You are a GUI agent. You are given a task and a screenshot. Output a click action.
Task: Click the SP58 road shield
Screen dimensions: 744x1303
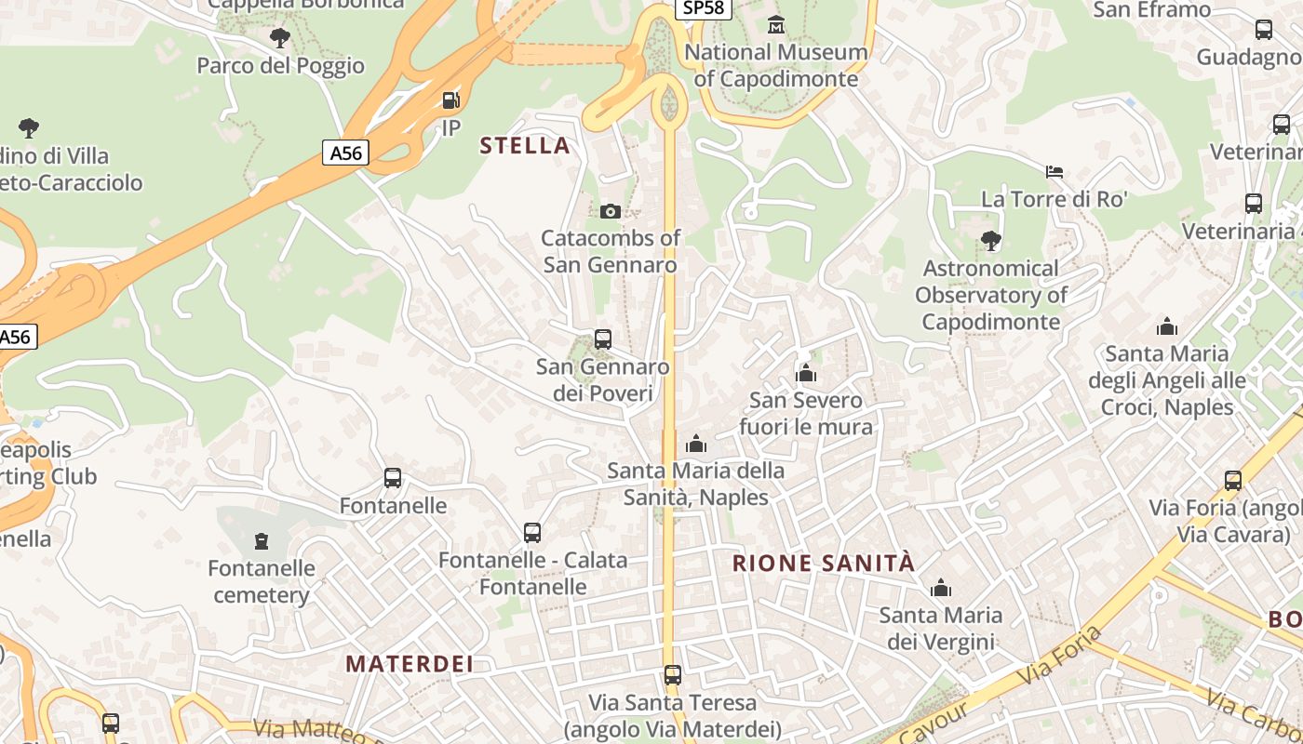[702, 7]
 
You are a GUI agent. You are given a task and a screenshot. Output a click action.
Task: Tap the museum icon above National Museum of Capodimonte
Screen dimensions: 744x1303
[776, 25]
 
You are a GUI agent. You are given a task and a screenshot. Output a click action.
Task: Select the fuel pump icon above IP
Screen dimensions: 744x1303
[450, 100]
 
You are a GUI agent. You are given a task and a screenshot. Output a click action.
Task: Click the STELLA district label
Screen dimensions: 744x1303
[524, 145]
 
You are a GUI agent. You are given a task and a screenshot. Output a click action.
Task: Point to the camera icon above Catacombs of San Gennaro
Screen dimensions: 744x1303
[611, 211]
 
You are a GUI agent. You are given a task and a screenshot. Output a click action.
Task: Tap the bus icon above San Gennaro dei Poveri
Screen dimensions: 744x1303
[603, 339]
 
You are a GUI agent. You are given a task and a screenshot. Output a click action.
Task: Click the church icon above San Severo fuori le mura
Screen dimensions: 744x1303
[806, 374]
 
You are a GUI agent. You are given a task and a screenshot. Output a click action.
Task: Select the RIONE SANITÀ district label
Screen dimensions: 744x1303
[824, 563]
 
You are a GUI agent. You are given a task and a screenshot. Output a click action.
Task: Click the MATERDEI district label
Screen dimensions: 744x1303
[410, 663]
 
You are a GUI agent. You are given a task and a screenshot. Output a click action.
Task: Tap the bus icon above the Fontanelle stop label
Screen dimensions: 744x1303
[393, 478]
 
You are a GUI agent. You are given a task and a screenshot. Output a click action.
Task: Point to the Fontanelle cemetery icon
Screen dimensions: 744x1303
[262, 540]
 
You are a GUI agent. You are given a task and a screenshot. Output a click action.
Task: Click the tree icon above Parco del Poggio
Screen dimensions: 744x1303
[279, 38]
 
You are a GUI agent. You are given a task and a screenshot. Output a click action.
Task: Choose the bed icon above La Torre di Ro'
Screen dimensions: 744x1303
[1054, 172]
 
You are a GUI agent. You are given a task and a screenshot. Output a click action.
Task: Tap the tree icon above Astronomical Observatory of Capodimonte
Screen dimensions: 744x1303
[991, 241]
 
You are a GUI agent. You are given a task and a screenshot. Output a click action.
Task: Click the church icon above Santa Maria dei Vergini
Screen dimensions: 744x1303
[941, 588]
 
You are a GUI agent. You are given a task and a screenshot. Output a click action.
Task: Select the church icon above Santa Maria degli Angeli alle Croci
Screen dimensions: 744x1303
[1166, 326]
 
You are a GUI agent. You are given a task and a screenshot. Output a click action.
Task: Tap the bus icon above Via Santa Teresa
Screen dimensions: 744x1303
[672, 674]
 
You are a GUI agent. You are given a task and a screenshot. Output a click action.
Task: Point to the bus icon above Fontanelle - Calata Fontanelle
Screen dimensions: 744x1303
[532, 533]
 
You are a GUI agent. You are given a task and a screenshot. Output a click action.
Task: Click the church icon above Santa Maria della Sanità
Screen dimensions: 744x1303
[696, 444]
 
